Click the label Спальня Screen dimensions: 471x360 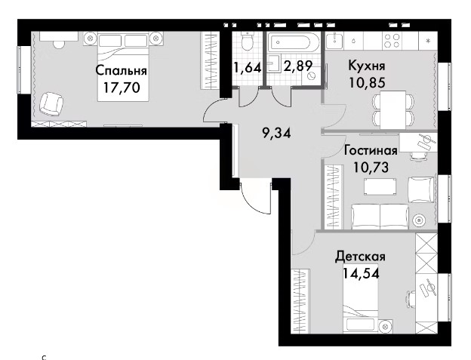(x=122, y=71)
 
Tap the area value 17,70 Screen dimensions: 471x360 (x=122, y=88)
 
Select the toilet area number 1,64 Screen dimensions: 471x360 (x=247, y=67)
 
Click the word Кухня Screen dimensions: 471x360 (x=367, y=66)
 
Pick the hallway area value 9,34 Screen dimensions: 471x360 (x=277, y=133)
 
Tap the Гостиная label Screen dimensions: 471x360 (x=371, y=150)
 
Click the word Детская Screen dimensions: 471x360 (x=361, y=257)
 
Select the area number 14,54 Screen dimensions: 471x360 (x=361, y=273)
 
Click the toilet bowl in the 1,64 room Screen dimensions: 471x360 (x=248, y=42)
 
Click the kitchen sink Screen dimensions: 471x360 (x=334, y=41)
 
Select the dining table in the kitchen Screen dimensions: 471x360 (x=393, y=109)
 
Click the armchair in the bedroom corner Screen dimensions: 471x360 (x=51, y=104)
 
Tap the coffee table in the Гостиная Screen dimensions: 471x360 (x=380, y=186)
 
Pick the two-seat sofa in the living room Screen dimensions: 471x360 (x=380, y=216)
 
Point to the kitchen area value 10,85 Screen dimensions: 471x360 (x=367, y=82)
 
